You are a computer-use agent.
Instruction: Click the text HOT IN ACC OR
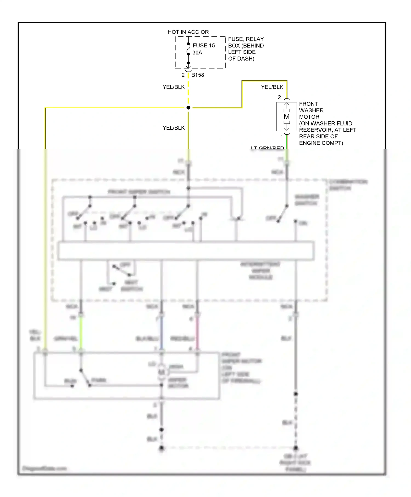click(188, 32)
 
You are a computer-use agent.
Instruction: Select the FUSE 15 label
click(204, 45)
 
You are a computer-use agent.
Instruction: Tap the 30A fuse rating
click(197, 53)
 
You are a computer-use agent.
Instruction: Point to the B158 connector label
click(198, 75)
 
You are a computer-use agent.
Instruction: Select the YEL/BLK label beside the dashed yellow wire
click(173, 87)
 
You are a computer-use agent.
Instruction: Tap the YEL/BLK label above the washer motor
click(272, 87)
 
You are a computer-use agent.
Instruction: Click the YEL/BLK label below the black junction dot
click(173, 128)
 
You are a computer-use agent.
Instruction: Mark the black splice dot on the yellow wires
click(188, 108)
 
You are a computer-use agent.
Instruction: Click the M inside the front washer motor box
click(287, 117)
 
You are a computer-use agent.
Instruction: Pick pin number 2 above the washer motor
click(279, 97)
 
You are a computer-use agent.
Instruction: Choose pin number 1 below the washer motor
click(281, 137)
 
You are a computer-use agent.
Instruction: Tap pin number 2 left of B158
click(183, 75)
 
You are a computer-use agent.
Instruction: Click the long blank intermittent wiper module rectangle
click(186, 250)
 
